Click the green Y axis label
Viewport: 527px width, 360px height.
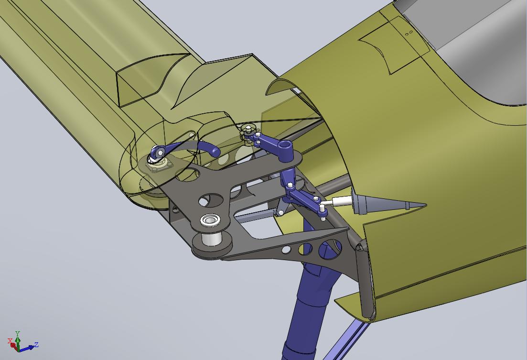[18, 333]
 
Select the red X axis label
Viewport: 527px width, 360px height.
[11, 341]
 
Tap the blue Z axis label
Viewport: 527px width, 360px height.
[37, 345]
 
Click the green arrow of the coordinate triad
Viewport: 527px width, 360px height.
[18, 342]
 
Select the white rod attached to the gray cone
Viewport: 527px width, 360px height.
[342, 201]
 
